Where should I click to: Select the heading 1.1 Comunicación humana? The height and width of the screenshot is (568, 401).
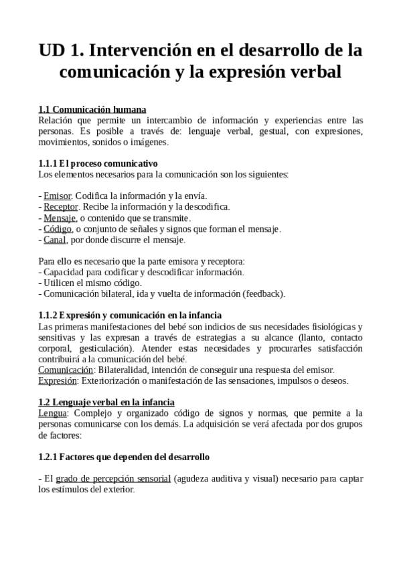click(92, 109)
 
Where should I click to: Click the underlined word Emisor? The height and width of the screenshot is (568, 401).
click(57, 196)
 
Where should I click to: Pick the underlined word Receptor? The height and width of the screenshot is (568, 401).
click(61, 207)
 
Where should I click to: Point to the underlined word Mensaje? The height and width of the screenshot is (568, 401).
click(60, 218)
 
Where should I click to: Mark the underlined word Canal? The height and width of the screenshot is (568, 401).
click(54, 240)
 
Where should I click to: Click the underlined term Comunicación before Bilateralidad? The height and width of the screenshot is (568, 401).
click(66, 370)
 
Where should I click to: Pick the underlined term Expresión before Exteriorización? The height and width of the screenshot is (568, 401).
click(58, 381)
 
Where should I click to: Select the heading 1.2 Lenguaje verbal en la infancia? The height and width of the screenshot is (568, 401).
click(106, 403)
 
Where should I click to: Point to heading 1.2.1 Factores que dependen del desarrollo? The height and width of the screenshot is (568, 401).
click(124, 457)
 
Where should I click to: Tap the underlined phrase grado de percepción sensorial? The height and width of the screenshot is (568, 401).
click(113, 479)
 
